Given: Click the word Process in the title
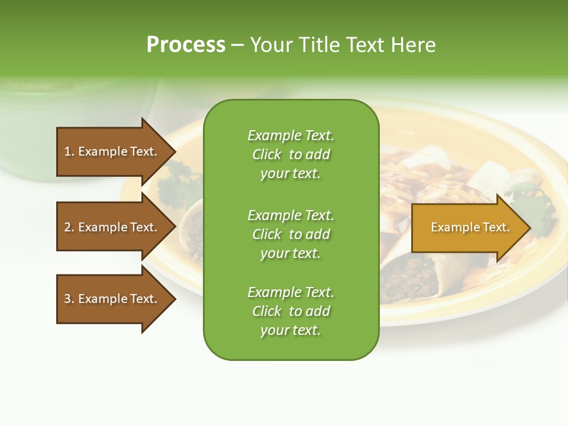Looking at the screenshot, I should [186, 45].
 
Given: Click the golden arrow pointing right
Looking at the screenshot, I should [467, 227].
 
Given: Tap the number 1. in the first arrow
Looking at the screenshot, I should [69, 151].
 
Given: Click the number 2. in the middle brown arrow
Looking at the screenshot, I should [69, 227].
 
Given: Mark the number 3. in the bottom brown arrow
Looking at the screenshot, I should [69, 299].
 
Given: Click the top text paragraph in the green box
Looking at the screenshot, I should [291, 154].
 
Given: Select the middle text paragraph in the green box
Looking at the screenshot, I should [291, 234].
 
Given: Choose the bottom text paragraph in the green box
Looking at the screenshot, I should [291, 311].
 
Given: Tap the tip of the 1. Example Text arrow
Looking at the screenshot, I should [175, 151].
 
